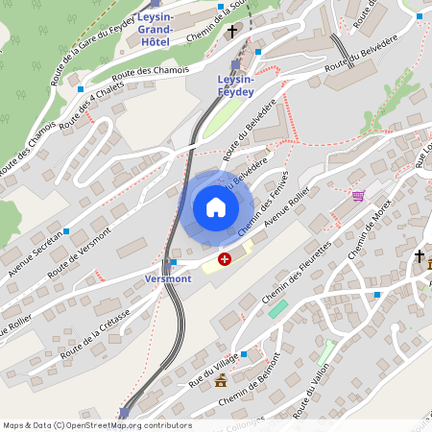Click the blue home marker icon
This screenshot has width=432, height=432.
pos(216,206)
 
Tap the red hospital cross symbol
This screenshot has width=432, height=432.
pos(225,258)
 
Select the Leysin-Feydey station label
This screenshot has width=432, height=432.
pos(235,85)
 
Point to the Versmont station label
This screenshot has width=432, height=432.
pos(167,278)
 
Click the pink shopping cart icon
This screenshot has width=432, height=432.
pos(358,196)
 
